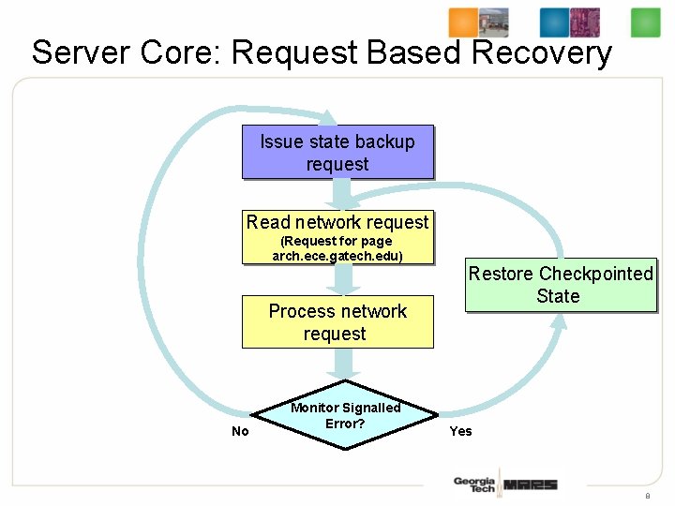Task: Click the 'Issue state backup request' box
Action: pyautogui.click(x=337, y=152)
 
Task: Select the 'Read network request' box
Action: pyautogui.click(x=337, y=223)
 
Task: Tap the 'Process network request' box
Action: pyautogui.click(x=337, y=322)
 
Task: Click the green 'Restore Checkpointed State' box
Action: pyautogui.click(x=561, y=285)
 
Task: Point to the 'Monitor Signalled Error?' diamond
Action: pyautogui.click(x=345, y=416)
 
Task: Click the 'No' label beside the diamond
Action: pyautogui.click(x=240, y=431)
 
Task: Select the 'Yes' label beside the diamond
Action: pyautogui.click(x=460, y=431)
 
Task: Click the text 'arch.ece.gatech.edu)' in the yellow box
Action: pyautogui.click(x=337, y=255)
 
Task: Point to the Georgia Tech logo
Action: pyautogui.click(x=473, y=484)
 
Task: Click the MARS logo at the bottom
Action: pyautogui.click(x=530, y=484)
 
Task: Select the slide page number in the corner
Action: pyautogui.click(x=647, y=495)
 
